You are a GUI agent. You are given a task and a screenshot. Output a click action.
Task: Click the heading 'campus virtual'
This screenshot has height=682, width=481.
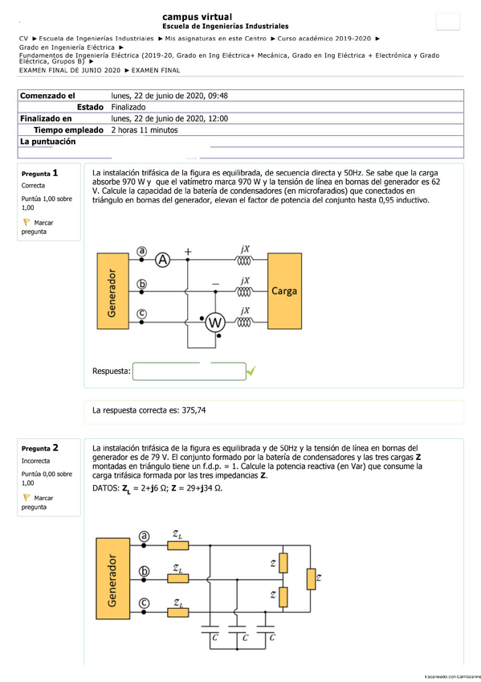click(x=197, y=17)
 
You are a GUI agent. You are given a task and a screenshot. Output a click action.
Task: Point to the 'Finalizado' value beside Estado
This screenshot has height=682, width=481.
click(x=128, y=107)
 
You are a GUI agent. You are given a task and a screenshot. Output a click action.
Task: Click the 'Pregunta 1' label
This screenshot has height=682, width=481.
click(x=40, y=174)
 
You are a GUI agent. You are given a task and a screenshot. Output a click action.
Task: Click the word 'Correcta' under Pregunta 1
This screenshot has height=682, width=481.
click(x=34, y=186)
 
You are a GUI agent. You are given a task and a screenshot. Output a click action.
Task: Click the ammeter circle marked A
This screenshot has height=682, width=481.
click(x=163, y=259)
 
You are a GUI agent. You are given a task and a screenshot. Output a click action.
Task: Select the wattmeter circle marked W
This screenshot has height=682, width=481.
click(x=214, y=323)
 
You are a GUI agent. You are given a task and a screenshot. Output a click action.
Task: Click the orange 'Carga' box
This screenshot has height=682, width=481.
click(x=285, y=290)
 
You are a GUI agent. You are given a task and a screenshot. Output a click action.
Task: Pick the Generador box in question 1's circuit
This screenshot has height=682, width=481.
click(x=112, y=290)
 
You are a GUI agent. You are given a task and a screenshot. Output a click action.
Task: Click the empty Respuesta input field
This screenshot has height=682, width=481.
click(x=189, y=372)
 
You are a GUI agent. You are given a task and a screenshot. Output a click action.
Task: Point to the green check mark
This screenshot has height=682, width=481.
click(x=251, y=371)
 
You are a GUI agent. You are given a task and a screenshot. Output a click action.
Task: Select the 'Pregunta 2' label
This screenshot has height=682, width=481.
click(x=40, y=448)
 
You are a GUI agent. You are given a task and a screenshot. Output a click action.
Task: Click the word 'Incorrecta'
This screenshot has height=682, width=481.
click(x=36, y=462)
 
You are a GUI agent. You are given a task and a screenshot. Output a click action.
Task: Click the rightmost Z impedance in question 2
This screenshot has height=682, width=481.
click(x=312, y=577)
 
